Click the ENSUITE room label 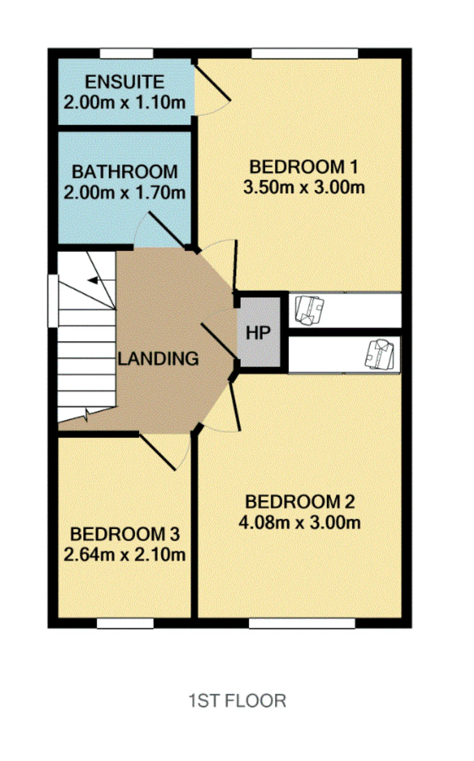coord(125,82)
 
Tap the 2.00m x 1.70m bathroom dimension coord(124,192)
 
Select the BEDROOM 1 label coord(304,167)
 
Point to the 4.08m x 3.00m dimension coord(300,522)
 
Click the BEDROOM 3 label coord(125,534)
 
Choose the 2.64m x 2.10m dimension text coord(124,555)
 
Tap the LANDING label coord(158,358)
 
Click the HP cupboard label coord(258,333)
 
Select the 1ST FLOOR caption coord(237,701)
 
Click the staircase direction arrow coord(93,280)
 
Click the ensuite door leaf coord(213,83)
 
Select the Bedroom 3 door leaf coord(157,452)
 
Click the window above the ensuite coord(127,53)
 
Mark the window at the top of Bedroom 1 coord(305,53)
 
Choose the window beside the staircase coord(53,301)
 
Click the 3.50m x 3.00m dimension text coord(304,188)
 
